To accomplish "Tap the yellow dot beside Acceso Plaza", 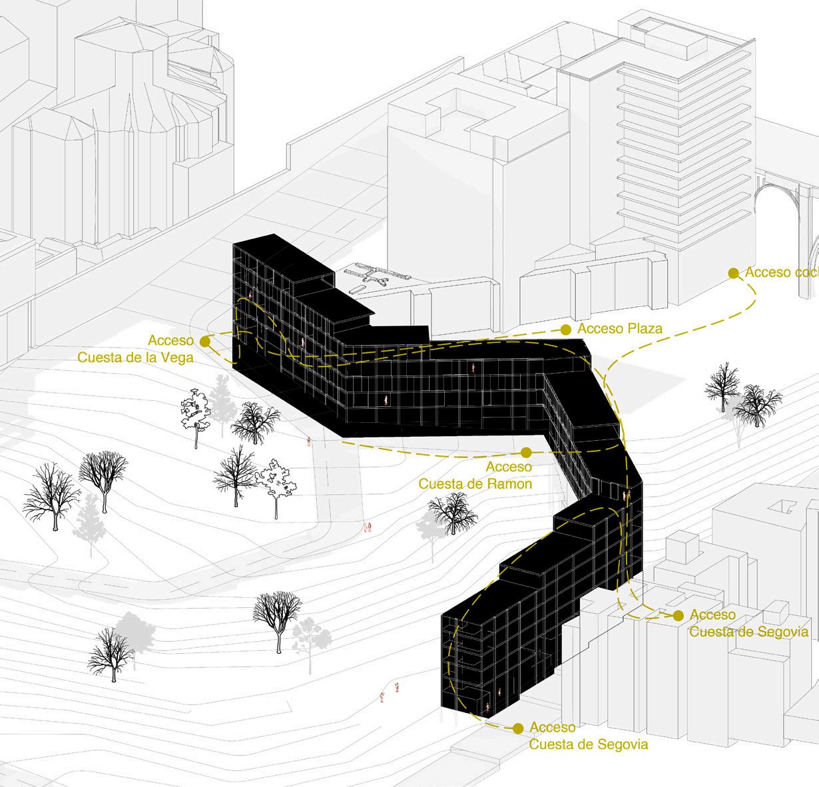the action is [x=565, y=329].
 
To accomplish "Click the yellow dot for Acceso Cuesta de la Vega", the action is [x=205, y=341].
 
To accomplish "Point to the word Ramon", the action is [x=509, y=484].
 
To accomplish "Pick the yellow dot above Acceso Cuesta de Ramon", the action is [x=526, y=451].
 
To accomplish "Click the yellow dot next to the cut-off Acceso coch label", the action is [x=733, y=273].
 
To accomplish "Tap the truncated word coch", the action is [x=807, y=272].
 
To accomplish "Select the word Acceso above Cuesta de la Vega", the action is [x=170, y=341].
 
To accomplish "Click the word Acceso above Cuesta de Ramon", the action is [x=509, y=467].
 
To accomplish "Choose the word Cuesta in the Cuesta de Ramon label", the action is [x=439, y=484].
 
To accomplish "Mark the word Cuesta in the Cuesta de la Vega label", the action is [x=100, y=358].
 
